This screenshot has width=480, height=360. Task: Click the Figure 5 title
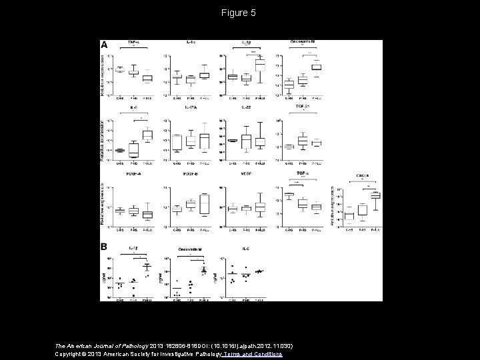pyautogui.click(x=240, y=13)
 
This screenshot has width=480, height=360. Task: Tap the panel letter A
pyautogui.click(x=104, y=45)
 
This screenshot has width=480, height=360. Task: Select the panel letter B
pyautogui.click(x=104, y=247)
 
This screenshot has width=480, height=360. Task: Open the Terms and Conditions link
pyautogui.click(x=257, y=354)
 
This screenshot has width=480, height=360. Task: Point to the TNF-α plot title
pyautogui.click(x=133, y=43)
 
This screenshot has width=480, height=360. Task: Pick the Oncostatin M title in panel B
pyautogui.click(x=191, y=249)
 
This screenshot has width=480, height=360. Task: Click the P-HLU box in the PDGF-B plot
pyautogui.click(x=205, y=203)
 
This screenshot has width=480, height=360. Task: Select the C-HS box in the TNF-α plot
pyautogui.click(x=120, y=69)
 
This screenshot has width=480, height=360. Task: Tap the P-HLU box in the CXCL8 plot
pyautogui.click(x=375, y=195)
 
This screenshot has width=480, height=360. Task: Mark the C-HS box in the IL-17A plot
pyautogui.click(x=177, y=142)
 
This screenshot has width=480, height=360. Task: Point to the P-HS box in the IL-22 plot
pyautogui.click(x=246, y=141)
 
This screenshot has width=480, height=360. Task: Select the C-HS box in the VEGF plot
pyautogui.click(x=233, y=209)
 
